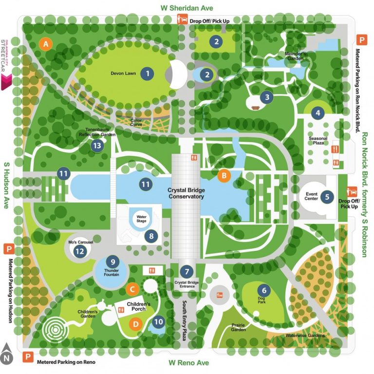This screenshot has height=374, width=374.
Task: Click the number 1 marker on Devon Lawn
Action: click(147, 74)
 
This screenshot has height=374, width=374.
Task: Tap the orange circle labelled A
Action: click(46, 44)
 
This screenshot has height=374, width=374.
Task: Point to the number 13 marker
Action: click(98, 145)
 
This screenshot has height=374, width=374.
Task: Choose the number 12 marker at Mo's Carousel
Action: click(80, 251)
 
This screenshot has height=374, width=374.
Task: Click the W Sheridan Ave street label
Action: click(187, 8)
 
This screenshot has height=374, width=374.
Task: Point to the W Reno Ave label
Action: click(188, 363)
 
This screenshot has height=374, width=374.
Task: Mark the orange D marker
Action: click(136, 322)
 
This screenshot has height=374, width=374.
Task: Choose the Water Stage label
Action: click(141, 217)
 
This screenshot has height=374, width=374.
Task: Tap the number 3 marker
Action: click(267, 97)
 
